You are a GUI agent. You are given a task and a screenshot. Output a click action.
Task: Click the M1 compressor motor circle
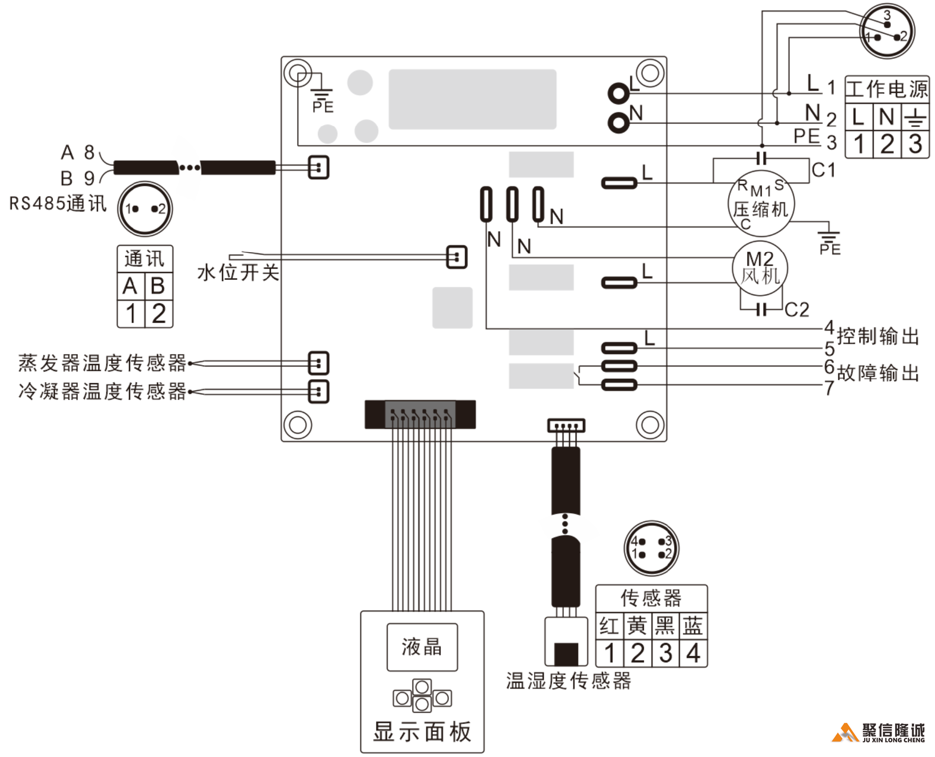(761, 203)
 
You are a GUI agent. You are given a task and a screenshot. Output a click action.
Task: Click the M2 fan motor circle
(760, 268)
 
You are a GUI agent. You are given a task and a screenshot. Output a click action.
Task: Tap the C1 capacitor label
(823, 170)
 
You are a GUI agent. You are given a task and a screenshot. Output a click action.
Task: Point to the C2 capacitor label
(797, 310)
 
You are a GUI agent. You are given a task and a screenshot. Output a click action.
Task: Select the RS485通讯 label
(57, 203)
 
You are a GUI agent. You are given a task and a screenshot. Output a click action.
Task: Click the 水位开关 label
(238, 273)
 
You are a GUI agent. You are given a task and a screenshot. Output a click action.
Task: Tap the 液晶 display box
(422, 647)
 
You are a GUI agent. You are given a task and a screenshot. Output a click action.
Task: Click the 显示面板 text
(422, 732)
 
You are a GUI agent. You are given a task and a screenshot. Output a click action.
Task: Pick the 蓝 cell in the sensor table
(692, 626)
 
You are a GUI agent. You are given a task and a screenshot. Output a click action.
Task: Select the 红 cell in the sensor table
(609, 626)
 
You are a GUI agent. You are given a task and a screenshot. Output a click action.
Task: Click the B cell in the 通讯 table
(158, 286)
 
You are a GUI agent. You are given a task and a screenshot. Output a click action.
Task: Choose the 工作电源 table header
(887, 89)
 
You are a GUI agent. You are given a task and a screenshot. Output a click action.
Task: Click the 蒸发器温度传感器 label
(102, 363)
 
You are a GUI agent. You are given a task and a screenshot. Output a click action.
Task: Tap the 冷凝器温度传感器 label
(102, 391)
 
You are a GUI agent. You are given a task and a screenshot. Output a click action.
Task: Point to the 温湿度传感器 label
(568, 681)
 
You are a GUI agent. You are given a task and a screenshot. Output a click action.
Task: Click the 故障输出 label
(878, 373)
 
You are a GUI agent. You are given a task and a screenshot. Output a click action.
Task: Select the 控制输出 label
(878, 336)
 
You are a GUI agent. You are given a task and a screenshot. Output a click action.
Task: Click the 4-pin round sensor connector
(651, 548)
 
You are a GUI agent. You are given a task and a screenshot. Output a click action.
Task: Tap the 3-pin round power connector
(887, 31)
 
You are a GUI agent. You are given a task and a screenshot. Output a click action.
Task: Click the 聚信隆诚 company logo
(879, 733)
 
